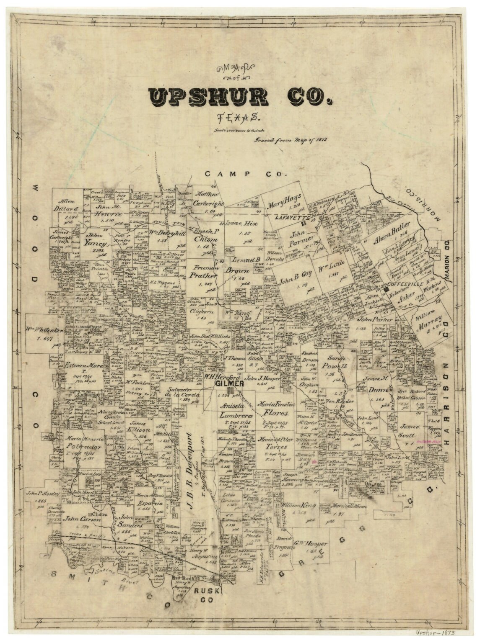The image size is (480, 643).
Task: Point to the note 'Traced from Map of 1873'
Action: click(x=290, y=140)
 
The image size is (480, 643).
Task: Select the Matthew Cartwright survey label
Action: click(x=209, y=200)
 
